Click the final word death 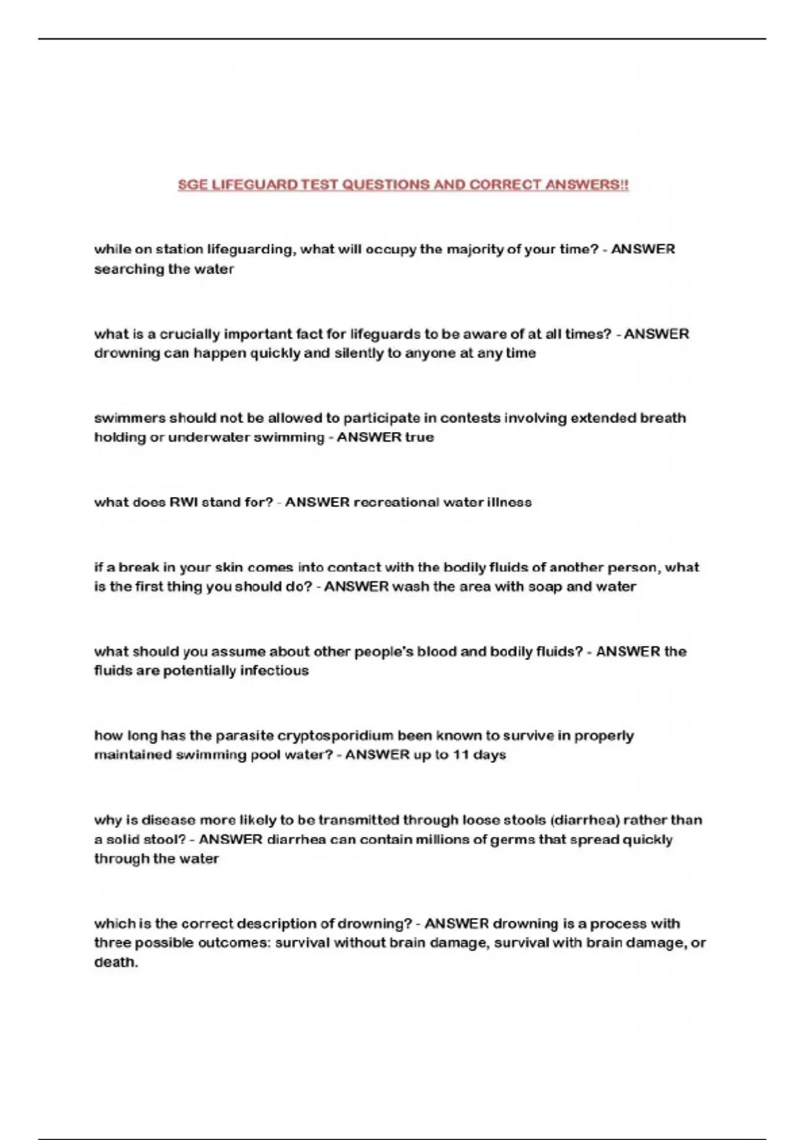click(x=115, y=962)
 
